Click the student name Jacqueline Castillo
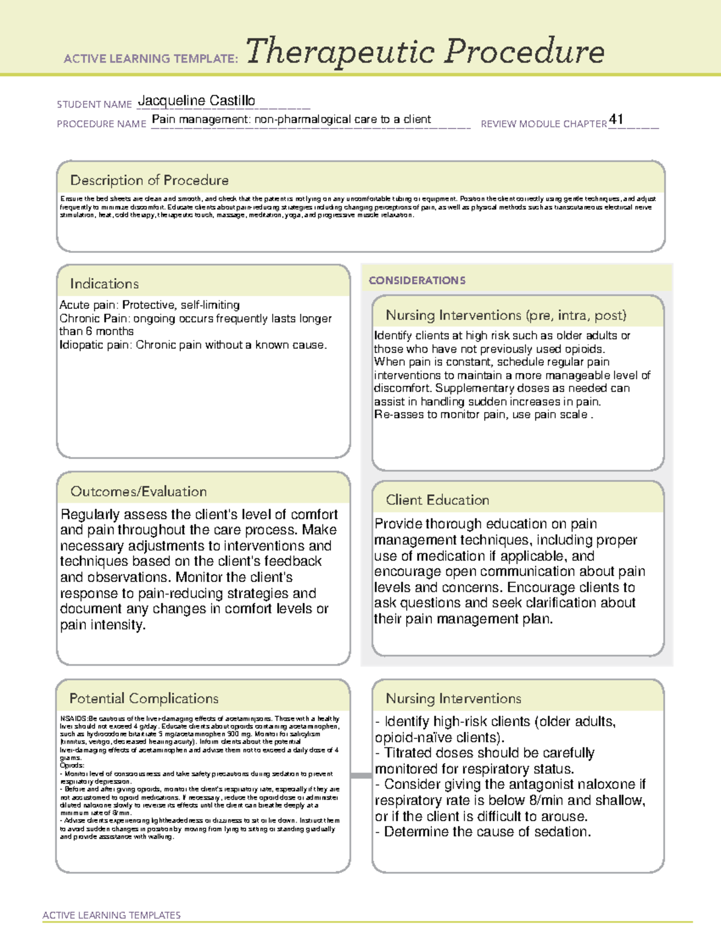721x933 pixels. [196, 101]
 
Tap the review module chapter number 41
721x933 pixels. [616, 119]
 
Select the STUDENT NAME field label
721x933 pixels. [94, 105]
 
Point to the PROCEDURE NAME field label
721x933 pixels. [102, 124]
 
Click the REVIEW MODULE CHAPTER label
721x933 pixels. [544, 124]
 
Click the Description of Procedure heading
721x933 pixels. [149, 180]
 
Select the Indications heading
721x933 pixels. [104, 284]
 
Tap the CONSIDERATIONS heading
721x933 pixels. [417, 281]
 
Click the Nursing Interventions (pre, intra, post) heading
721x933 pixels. [506, 315]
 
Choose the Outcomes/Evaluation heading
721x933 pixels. [138, 491]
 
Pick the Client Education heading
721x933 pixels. [437, 500]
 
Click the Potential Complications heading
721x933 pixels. [144, 699]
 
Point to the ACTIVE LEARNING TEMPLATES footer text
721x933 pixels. [112, 915]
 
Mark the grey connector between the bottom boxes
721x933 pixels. [361, 776]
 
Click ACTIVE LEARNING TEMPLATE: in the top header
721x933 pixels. [151, 59]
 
